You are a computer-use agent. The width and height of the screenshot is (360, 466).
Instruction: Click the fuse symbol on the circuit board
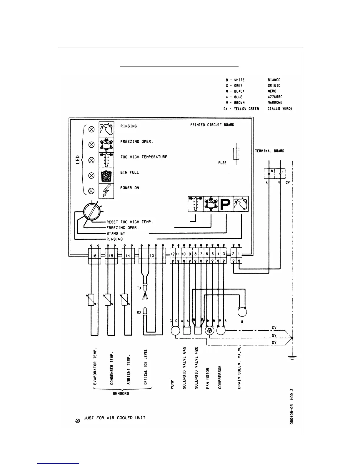tap(236, 154)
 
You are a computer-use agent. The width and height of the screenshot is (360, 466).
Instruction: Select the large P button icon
tap(226, 204)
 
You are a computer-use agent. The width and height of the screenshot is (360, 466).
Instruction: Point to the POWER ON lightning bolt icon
tap(106, 191)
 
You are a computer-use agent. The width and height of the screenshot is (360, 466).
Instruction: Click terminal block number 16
tap(94, 256)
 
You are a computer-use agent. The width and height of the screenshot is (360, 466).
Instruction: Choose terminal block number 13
tap(152, 256)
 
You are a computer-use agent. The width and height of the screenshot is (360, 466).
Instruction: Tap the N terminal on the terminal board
tap(272, 171)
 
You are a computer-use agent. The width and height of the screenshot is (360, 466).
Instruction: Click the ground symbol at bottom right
tap(292, 357)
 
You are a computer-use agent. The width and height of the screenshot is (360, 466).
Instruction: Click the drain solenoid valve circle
tap(242, 312)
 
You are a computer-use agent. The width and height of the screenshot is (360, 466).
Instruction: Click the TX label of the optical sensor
tap(139, 288)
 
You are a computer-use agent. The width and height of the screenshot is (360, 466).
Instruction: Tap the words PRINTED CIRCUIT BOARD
tap(212, 125)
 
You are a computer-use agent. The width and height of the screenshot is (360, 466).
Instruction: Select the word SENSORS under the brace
tap(121, 393)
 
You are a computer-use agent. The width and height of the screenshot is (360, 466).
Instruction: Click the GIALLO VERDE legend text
tap(280, 109)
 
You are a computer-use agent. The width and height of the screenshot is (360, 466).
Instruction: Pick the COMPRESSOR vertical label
tap(220, 377)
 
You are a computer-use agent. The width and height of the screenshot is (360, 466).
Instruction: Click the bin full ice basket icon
tap(106, 175)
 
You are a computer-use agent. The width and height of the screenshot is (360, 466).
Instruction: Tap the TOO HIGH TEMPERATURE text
tap(144, 157)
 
